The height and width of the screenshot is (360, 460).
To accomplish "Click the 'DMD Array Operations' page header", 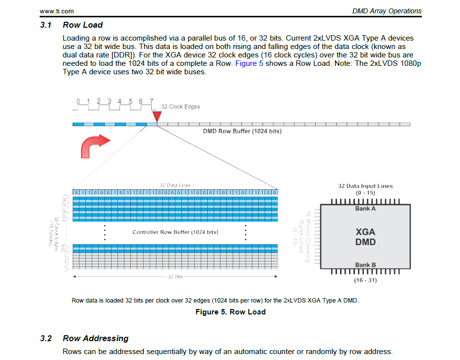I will [x=387, y=11].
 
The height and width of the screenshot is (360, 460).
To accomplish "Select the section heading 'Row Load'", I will [x=83, y=25].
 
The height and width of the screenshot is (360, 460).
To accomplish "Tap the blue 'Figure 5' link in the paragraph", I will [x=249, y=64].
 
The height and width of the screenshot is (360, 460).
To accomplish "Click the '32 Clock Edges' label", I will [x=181, y=106].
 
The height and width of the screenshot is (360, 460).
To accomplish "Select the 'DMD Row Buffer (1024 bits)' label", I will [x=242, y=132].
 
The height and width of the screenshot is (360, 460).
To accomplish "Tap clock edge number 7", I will [x=151, y=102].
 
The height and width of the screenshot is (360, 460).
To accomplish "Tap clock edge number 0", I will [x=78, y=102].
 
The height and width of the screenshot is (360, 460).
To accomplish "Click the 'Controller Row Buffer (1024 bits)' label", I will [x=175, y=232].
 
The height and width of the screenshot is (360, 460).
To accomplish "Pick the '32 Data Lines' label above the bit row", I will [x=175, y=185].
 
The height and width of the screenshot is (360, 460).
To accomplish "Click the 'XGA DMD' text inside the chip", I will [x=365, y=237].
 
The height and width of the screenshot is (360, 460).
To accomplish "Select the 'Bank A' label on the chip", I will [x=365, y=208].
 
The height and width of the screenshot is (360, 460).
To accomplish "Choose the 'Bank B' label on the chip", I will [x=365, y=265].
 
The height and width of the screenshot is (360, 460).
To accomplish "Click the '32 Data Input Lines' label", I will [x=365, y=186].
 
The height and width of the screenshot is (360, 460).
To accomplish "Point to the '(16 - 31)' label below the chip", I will [x=365, y=280].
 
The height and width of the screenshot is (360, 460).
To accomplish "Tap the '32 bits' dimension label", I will [x=175, y=277].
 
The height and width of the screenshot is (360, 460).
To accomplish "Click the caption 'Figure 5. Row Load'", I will [x=230, y=312].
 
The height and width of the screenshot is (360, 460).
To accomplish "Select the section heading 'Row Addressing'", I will [x=95, y=338].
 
